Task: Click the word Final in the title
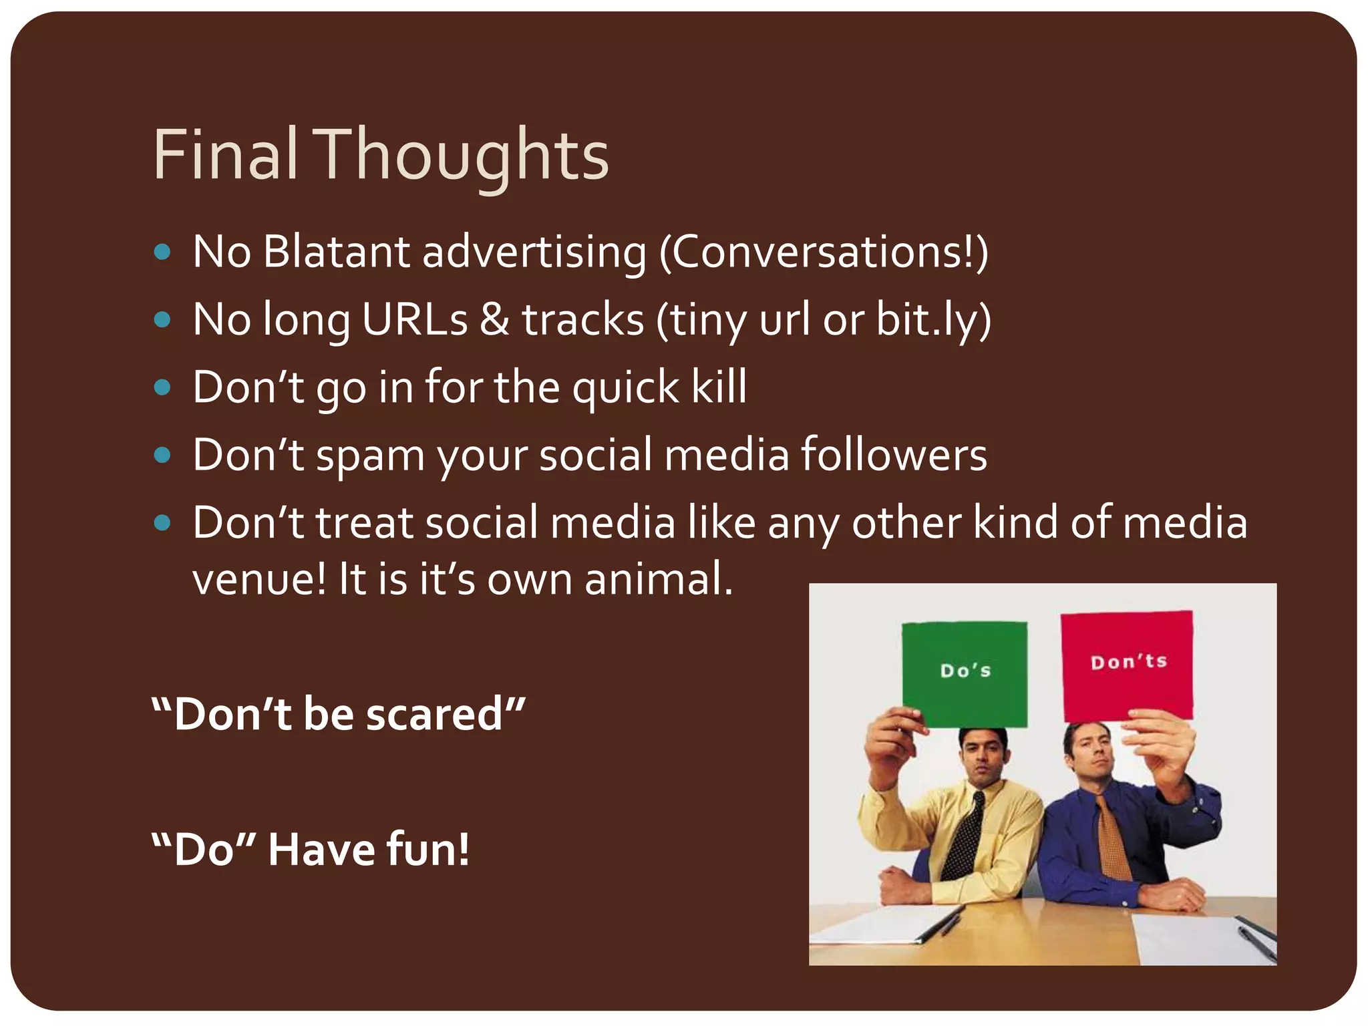click(224, 155)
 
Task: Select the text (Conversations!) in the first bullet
click(823, 253)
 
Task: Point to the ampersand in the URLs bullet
click(494, 319)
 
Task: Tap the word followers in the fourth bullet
click(894, 454)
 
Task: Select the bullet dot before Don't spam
click(162, 456)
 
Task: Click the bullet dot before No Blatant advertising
click(162, 252)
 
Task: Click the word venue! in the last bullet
click(259, 578)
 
